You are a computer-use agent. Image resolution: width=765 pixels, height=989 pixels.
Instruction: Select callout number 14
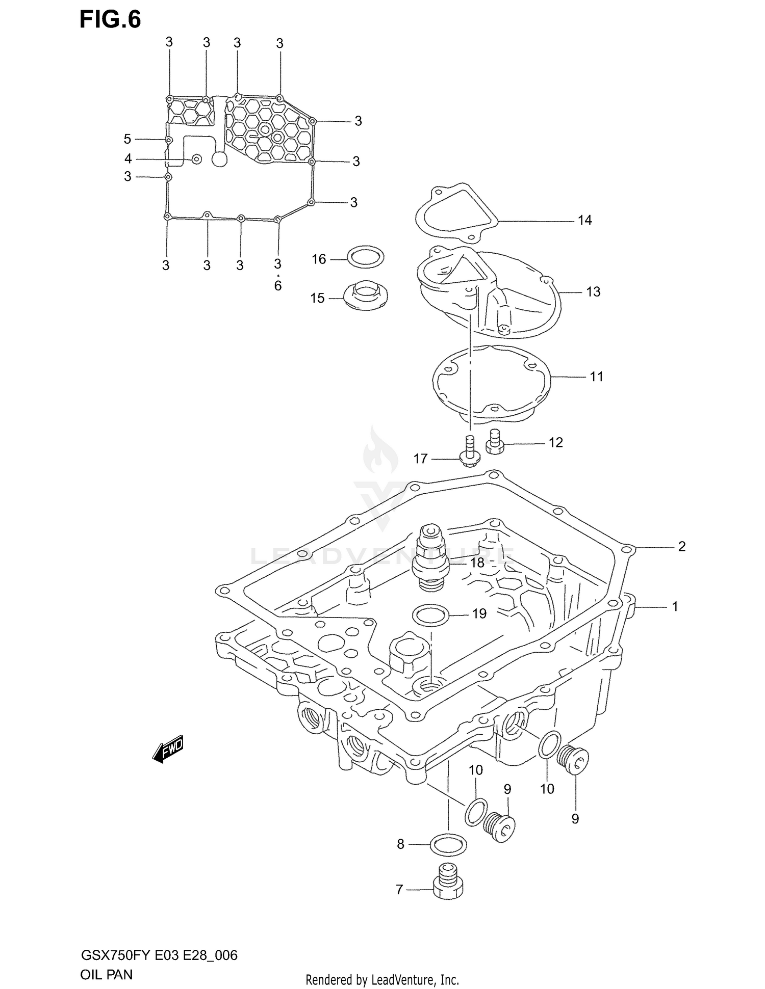[x=584, y=220]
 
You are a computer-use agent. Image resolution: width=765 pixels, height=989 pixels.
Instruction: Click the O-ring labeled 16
[x=365, y=257]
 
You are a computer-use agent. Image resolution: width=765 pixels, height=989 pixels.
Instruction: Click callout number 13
[x=593, y=292]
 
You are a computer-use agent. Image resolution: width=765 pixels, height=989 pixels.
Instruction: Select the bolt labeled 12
[x=494, y=442]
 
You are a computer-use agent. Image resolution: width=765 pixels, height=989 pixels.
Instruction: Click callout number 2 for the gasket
[x=682, y=547]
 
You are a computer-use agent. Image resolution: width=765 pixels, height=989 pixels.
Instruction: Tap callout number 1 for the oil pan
[x=675, y=607]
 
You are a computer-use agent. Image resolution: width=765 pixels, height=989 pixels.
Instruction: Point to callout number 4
[x=128, y=159]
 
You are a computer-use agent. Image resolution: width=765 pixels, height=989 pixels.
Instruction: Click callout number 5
[x=127, y=139]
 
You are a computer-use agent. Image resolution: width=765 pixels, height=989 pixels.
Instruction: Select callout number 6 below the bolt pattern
[x=277, y=286]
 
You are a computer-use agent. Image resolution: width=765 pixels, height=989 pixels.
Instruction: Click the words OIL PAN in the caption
[x=106, y=974]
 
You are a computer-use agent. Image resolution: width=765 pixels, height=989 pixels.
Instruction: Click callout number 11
[x=596, y=377]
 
